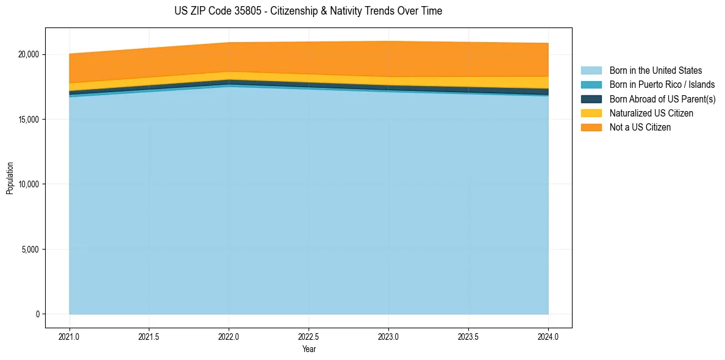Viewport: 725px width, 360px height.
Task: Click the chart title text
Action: click(308, 11)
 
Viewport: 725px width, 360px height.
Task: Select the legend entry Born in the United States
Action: click(655, 71)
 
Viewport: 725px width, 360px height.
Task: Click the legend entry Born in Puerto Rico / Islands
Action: click(662, 85)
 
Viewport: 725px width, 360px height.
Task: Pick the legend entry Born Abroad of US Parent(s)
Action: click(662, 99)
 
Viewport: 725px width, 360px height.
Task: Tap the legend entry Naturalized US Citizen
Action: click(651, 113)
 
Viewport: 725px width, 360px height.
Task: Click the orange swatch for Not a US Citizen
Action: click(591, 128)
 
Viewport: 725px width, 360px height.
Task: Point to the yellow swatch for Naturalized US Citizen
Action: click(591, 113)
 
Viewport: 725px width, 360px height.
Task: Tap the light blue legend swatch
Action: click(591, 71)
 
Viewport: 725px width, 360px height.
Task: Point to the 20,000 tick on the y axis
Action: click(28, 54)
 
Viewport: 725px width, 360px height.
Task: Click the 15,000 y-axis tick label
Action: click(28, 120)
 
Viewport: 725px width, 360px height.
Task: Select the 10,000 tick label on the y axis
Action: click(28, 184)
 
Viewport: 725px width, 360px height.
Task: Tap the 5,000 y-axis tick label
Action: click(30, 250)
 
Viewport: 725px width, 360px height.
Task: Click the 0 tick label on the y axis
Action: click(37, 314)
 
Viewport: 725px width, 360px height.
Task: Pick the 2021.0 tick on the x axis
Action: click(70, 336)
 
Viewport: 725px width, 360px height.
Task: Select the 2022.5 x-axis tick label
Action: click(309, 336)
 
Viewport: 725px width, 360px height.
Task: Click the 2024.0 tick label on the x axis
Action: click(548, 336)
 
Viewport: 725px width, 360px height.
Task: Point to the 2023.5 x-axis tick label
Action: click(468, 336)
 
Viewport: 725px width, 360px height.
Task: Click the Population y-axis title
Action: click(10, 178)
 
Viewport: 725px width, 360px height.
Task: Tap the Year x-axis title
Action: click(309, 349)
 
